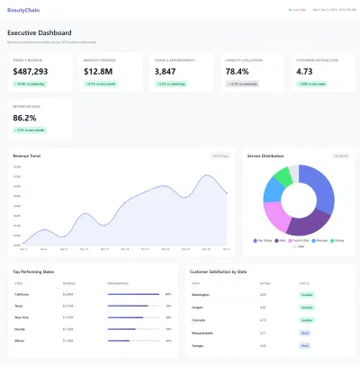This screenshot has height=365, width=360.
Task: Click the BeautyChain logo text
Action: coord(22,10)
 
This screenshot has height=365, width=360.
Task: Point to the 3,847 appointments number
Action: coord(166,71)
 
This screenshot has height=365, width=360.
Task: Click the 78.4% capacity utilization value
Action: coord(237,71)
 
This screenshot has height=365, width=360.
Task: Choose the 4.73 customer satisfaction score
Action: coord(304,71)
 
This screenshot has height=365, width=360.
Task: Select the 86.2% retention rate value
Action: coord(25,118)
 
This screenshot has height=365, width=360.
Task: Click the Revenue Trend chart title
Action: coord(27,156)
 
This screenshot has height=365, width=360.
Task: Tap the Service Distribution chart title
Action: coord(266,156)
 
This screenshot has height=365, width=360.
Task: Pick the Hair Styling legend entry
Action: coord(265,240)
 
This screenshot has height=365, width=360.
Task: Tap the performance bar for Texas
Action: coord(133,306)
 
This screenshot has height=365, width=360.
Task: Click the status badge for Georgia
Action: coord(306,344)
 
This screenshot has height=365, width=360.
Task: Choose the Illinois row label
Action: coord(20,341)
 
